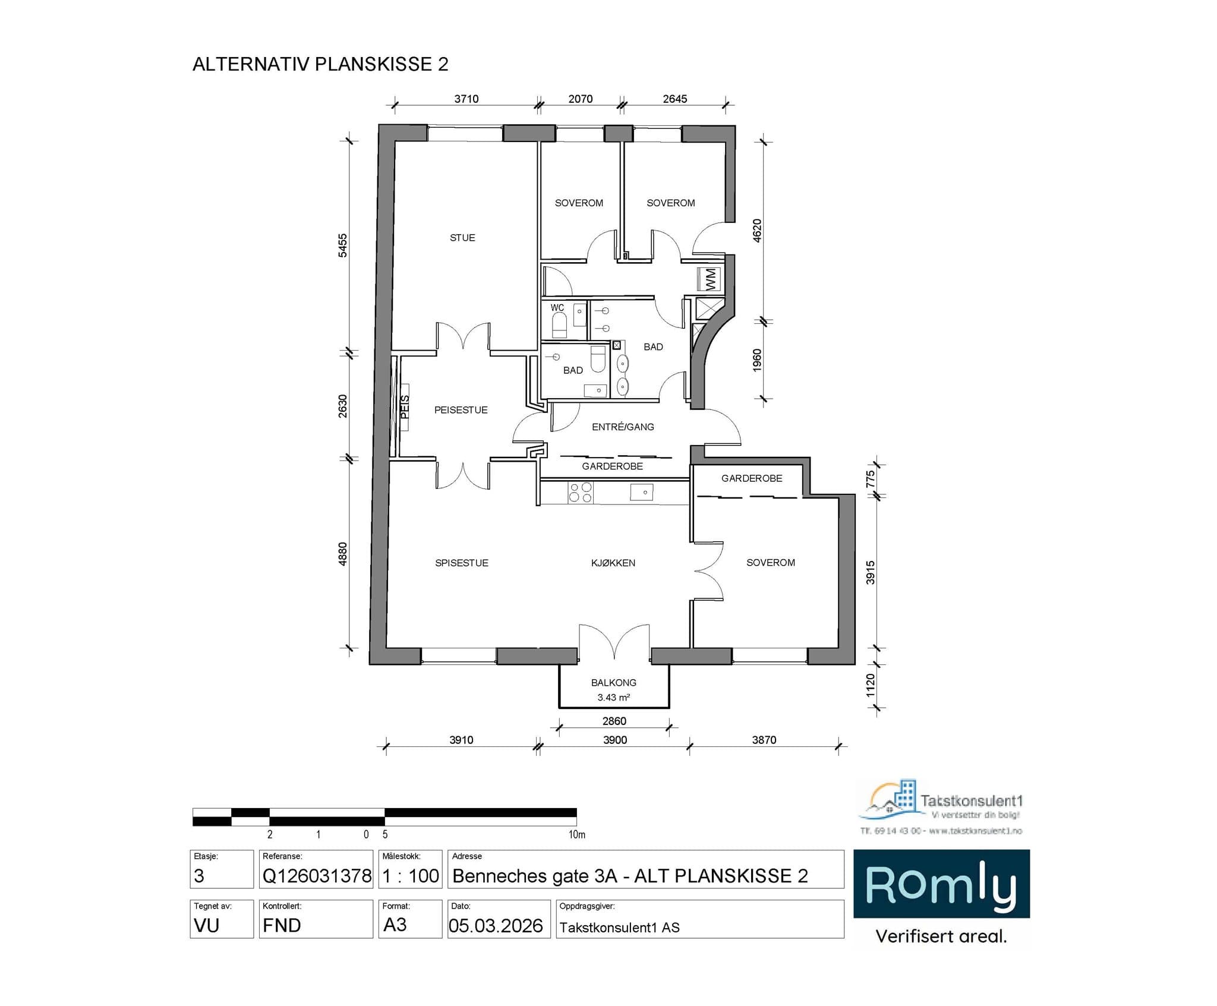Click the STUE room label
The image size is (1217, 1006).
tap(462, 238)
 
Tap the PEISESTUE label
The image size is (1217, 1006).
tap(461, 410)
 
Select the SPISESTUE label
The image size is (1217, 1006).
tap(461, 563)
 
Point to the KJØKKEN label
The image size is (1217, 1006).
tap(613, 563)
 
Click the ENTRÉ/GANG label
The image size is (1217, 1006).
tap(623, 427)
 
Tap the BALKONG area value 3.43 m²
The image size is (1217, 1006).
tap(613, 698)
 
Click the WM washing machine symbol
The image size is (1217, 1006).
tap(710, 279)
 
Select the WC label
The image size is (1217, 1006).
tap(557, 308)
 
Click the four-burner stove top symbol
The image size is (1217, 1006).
tap(581, 493)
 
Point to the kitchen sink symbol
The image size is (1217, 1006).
tap(642, 492)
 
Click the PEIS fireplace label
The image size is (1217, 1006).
tap(405, 407)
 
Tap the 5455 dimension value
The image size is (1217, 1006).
tap(343, 245)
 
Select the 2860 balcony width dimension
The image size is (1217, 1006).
tap(614, 721)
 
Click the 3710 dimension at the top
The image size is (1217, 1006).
tap(466, 99)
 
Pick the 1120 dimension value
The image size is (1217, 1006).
tap(871, 685)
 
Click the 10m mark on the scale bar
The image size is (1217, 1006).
tap(576, 834)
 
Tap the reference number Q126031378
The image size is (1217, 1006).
tap(317, 875)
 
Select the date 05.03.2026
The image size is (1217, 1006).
tap(496, 925)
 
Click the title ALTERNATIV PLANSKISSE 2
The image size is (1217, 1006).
tap(320, 64)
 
